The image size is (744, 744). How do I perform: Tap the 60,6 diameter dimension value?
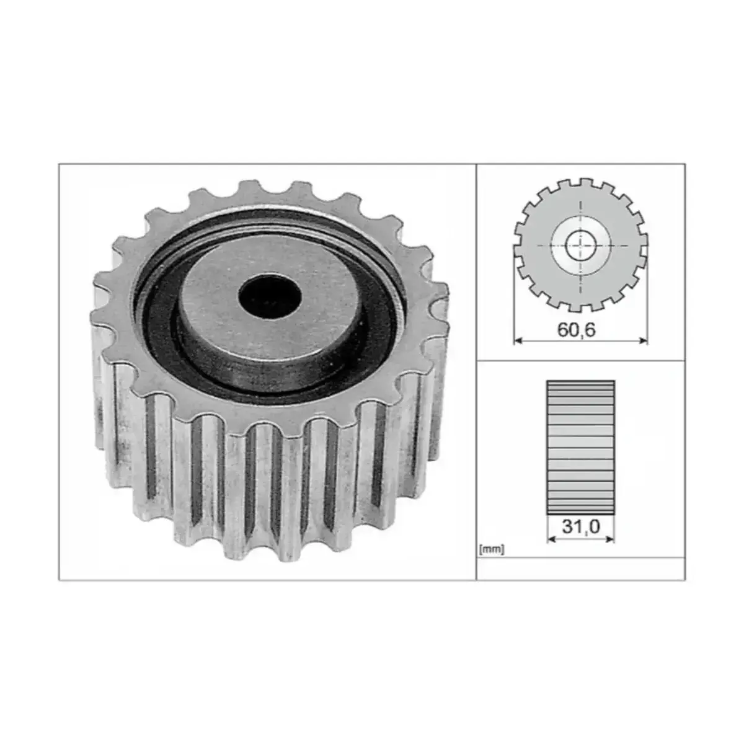coord(577,330)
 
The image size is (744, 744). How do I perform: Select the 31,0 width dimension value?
coord(581,526)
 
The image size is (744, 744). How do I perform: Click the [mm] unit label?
coord(492,549)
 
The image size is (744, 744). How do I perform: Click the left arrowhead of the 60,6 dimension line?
coord(518,340)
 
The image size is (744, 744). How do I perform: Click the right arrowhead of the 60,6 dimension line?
coord(644,340)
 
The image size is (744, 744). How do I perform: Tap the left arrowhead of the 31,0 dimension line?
coord(551,539)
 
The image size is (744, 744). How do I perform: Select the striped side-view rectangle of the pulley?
coord(581,448)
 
